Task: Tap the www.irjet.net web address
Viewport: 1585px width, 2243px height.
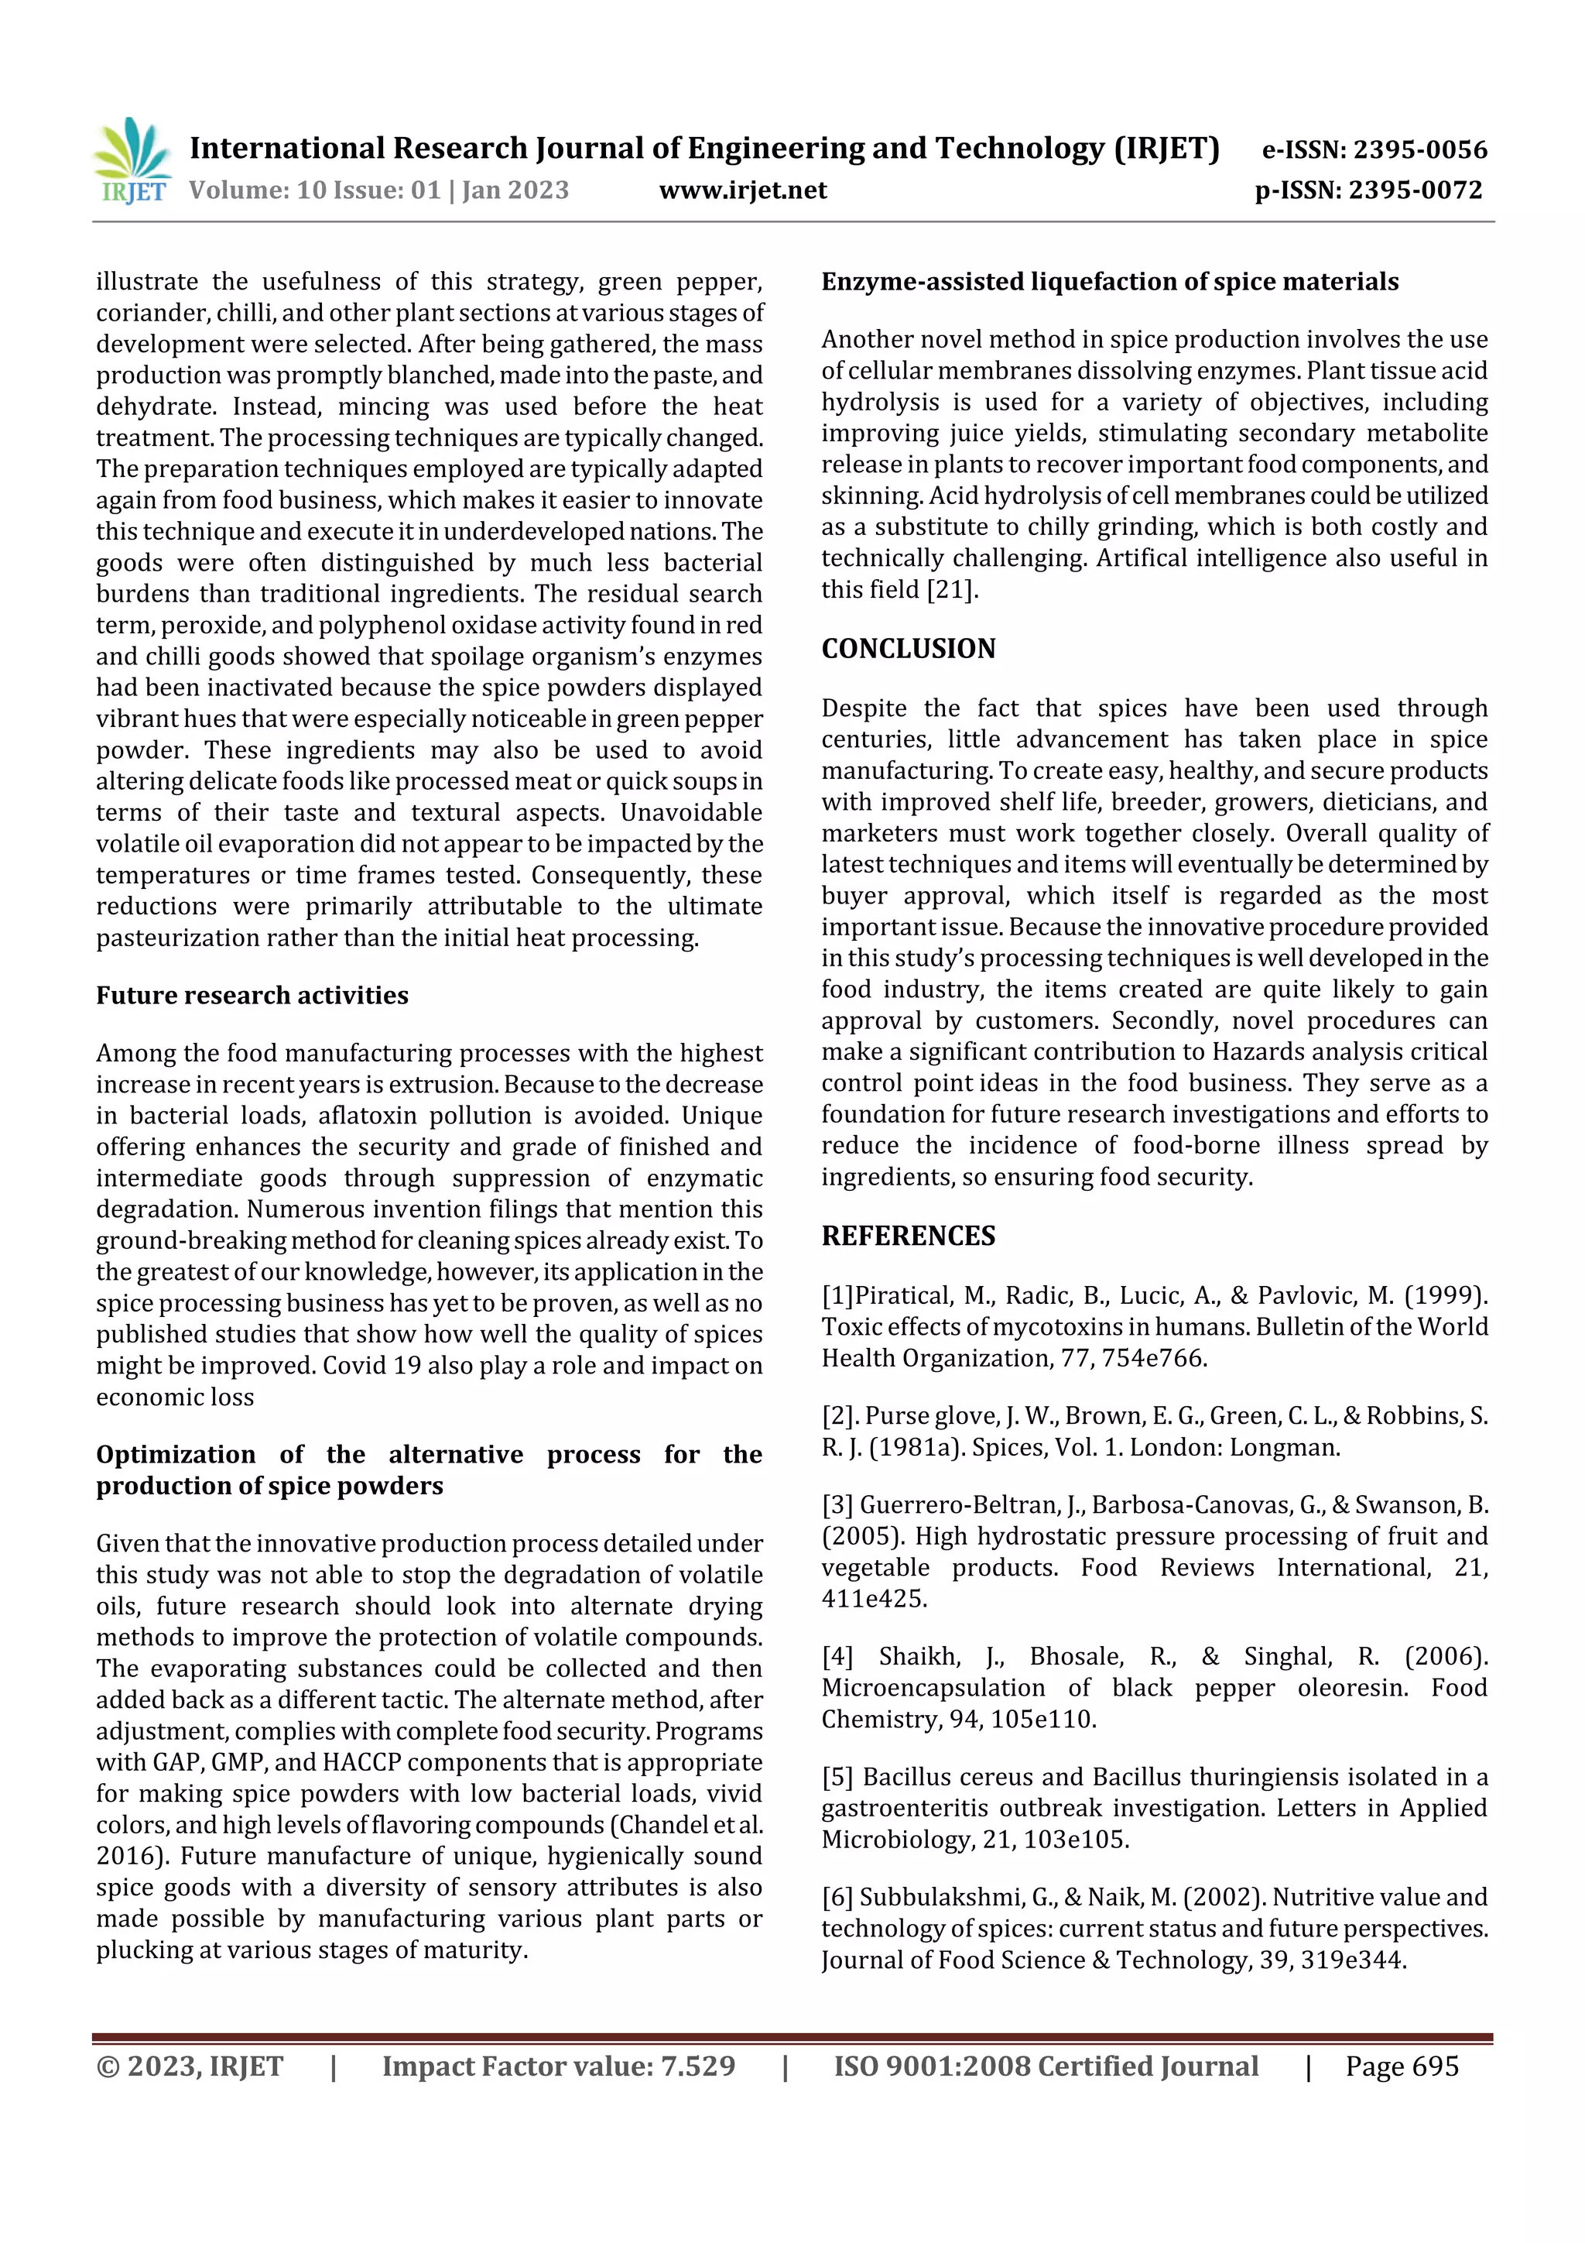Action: click(742, 190)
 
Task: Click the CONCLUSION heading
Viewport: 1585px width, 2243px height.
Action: click(909, 649)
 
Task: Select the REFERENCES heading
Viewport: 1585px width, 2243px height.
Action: click(909, 1236)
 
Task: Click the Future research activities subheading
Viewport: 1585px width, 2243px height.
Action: click(252, 996)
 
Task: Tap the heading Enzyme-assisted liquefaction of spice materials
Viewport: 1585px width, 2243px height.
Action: click(1109, 283)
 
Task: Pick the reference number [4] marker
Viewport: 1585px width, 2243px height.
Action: click(837, 1657)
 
